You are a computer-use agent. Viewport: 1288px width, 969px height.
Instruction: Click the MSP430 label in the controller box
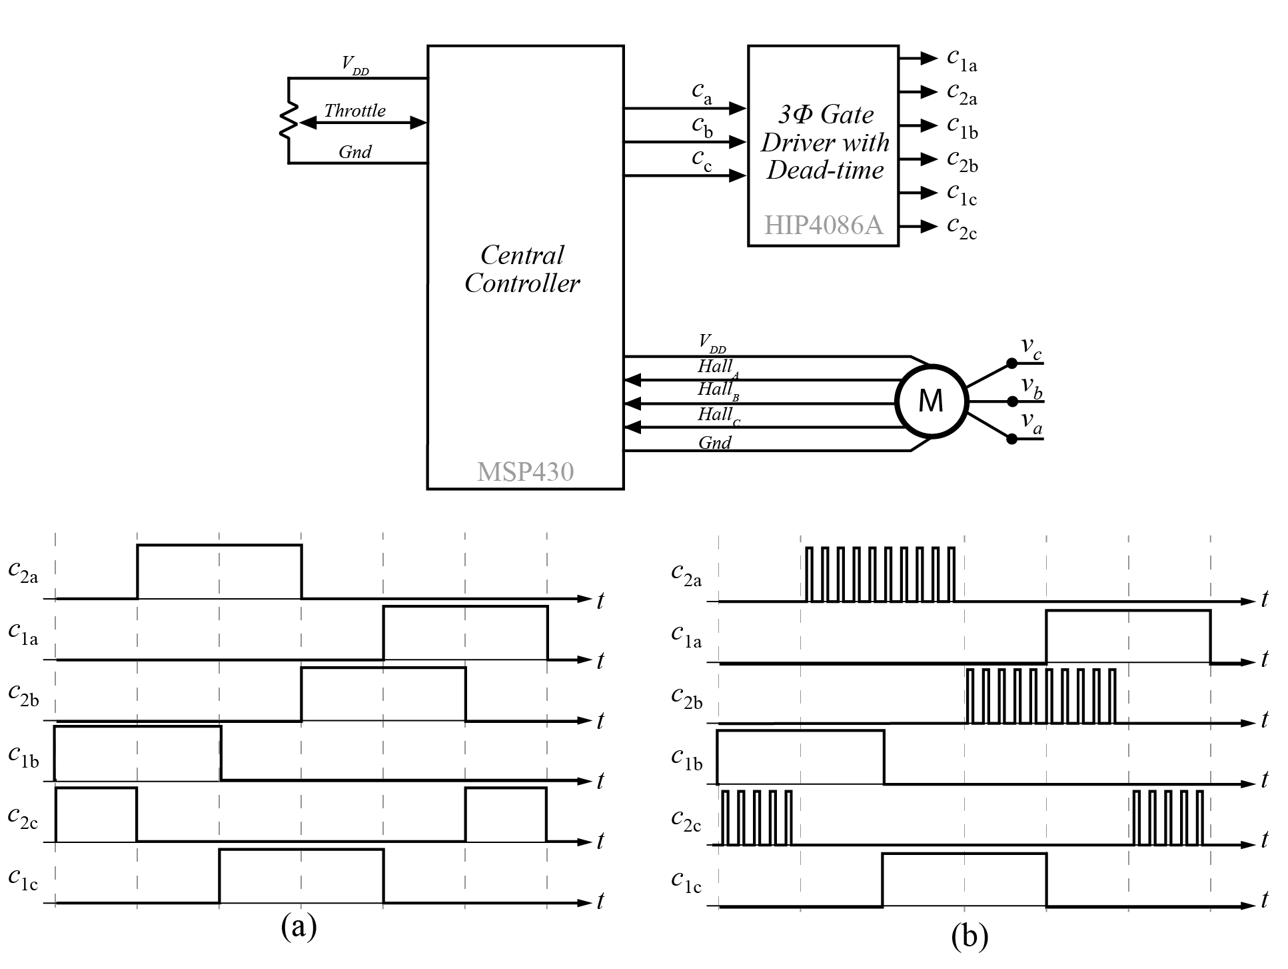(x=525, y=472)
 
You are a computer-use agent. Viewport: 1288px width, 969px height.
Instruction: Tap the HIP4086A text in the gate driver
(x=824, y=225)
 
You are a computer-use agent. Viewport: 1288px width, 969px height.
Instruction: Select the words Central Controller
(x=522, y=269)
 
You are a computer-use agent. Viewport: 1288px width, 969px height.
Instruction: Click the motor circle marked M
(x=931, y=401)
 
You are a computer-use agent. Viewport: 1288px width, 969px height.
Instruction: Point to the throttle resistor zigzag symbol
(x=288, y=120)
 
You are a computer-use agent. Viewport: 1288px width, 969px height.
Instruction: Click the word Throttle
(x=354, y=111)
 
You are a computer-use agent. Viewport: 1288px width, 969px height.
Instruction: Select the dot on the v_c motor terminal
(x=1011, y=363)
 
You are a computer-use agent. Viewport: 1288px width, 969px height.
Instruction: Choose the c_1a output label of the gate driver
(x=962, y=59)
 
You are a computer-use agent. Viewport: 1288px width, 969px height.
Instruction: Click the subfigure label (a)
(x=299, y=926)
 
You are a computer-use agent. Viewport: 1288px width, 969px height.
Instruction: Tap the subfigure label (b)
(x=969, y=936)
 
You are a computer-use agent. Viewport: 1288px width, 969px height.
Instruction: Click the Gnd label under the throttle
(x=354, y=152)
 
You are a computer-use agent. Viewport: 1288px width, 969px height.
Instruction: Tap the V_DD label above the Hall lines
(x=712, y=343)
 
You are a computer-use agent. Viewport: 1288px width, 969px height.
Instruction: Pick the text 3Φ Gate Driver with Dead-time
(x=825, y=142)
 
